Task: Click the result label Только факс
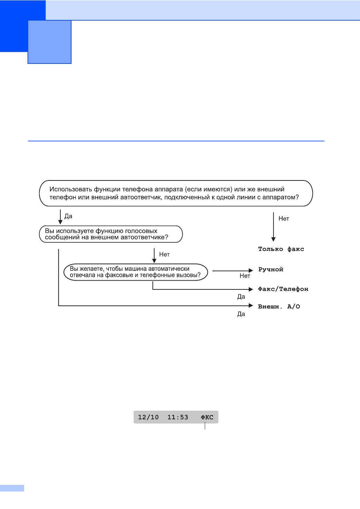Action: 281,249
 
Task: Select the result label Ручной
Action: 271,269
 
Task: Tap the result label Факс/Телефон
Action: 283,289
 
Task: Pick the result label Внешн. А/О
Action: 279,307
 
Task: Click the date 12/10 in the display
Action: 148,417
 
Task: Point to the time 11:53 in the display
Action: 178,417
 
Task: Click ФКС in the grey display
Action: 207,417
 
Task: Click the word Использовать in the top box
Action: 71,189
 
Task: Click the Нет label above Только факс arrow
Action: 284,219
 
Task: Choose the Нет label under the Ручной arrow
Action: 245,276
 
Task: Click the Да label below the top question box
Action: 68,216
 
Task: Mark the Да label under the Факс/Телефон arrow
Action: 241,297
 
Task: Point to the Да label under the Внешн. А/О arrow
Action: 241,314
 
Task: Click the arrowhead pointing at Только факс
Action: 273,239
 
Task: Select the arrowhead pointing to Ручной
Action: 251,271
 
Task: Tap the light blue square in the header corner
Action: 50,42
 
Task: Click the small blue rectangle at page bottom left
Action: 12,488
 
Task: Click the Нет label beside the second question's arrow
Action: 164,254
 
